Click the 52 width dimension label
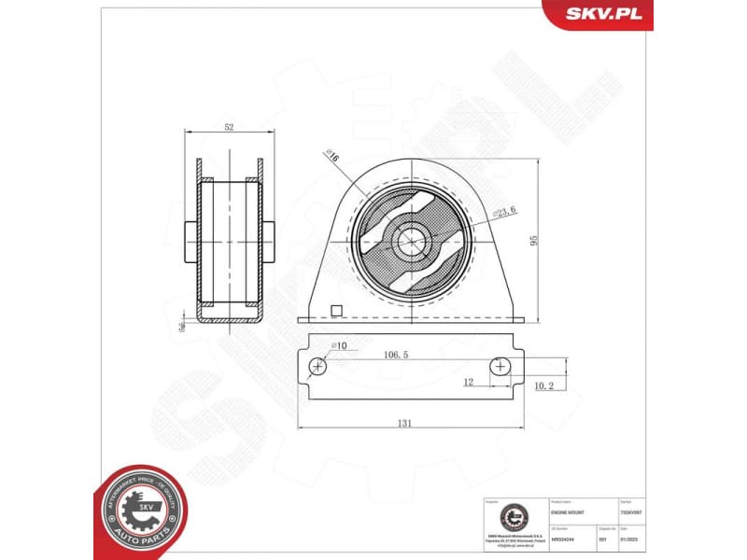pyautogui.click(x=228, y=125)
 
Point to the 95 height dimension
pyautogui.click(x=534, y=240)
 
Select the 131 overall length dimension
pyautogui.click(x=404, y=423)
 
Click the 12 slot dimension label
pyautogui.click(x=468, y=381)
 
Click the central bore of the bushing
pyautogui.click(x=409, y=241)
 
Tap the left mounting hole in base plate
pyautogui.click(x=318, y=367)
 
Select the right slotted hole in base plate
pyautogui.click(x=502, y=367)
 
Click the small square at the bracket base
pyautogui.click(x=338, y=312)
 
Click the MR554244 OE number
pyautogui.click(x=563, y=540)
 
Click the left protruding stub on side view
pyautogui.click(x=187, y=241)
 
